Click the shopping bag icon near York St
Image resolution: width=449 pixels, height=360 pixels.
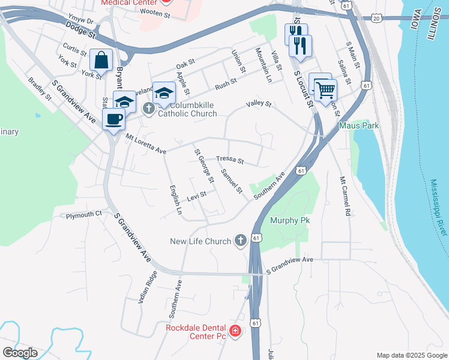point(101,61)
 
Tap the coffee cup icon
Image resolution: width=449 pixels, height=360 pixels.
point(113,119)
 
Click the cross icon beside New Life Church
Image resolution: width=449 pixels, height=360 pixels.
point(240,241)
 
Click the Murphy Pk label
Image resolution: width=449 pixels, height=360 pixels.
point(289,220)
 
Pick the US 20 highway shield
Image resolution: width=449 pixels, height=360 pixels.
point(376,19)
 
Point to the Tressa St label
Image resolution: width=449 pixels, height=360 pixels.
point(230,160)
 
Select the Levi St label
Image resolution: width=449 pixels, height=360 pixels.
point(196,195)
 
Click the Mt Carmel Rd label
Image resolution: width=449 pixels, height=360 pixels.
point(344,196)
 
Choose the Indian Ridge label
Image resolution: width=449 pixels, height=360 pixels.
point(148,286)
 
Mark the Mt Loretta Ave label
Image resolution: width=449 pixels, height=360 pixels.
point(145,145)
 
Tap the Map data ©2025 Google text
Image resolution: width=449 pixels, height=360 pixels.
point(411,355)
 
